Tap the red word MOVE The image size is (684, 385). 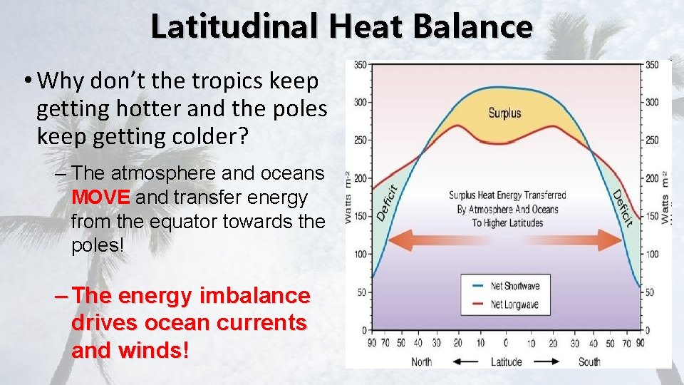[x=100, y=197]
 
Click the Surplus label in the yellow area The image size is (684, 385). [x=504, y=113]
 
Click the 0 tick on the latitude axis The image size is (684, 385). [x=506, y=344]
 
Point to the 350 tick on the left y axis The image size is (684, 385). [x=361, y=65]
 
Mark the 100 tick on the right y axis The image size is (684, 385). [x=652, y=254]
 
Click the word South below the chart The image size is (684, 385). [x=589, y=361]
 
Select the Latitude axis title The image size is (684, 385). [x=507, y=361]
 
